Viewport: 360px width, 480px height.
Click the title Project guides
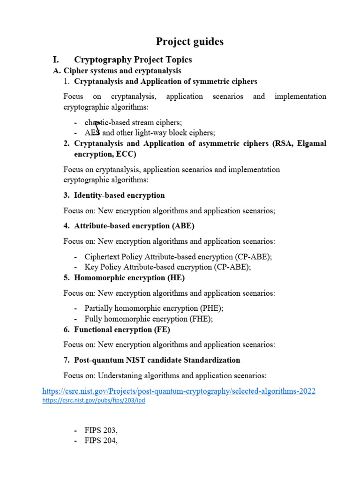(190, 42)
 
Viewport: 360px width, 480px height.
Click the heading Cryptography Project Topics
(133, 60)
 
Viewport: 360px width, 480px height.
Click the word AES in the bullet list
(92, 133)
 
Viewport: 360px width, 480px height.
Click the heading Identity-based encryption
(120, 195)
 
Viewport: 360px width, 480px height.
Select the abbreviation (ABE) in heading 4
(183, 225)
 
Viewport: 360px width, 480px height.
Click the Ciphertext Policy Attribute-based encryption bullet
(178, 257)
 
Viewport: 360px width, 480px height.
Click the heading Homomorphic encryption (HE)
(129, 277)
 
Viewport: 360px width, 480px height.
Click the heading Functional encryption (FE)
(122, 330)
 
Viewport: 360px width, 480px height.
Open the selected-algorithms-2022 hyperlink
(179, 391)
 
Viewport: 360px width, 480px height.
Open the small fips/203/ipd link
(93, 401)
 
